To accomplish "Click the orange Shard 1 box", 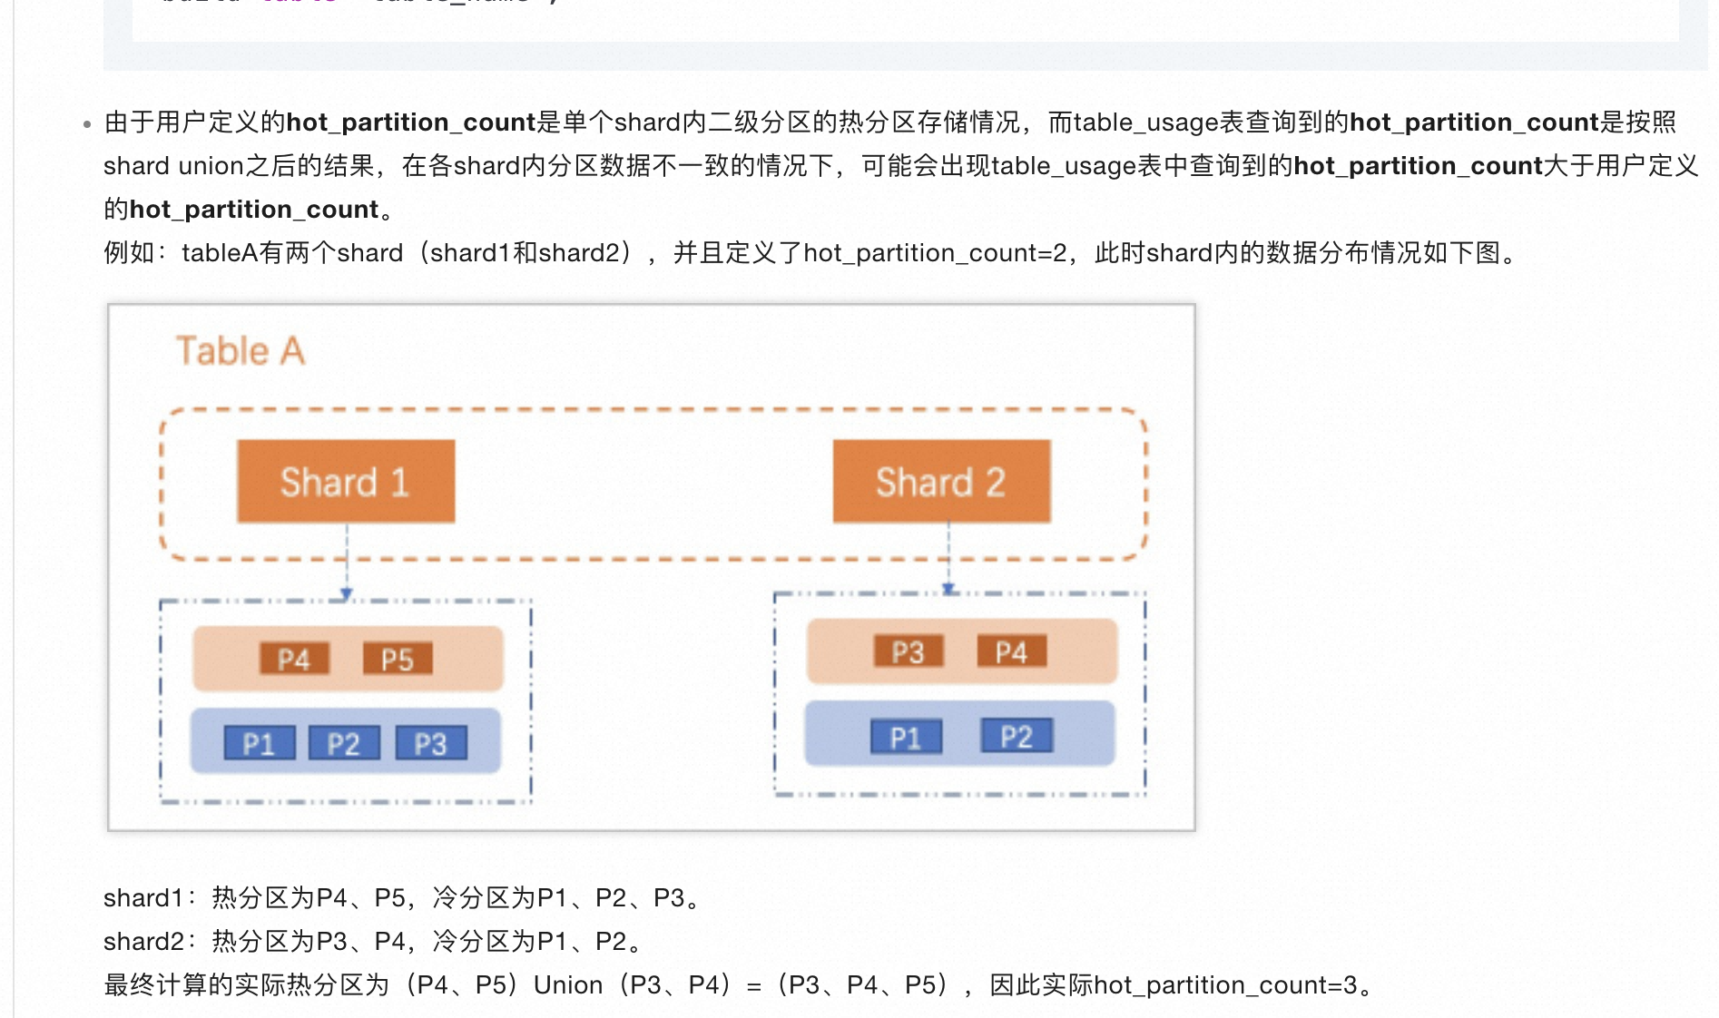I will pos(346,482).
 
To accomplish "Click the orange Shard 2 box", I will pos(941,482).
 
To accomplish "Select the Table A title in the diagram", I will pos(241,351).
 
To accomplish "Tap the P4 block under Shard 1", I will pos(294,659).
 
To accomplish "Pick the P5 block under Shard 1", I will pos(398,659).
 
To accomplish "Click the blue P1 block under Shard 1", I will pos(260,744).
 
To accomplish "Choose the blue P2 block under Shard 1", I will pos(344,744).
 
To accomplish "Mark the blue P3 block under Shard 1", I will pos(431,744).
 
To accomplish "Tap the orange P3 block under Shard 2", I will pos(908,651).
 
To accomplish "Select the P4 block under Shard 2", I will pos(1011,651).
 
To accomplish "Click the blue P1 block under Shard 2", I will pos(906,737).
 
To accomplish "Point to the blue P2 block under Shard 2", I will pos(1017,736).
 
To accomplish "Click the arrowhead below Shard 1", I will pos(347,594).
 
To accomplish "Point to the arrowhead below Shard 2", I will pos(948,589).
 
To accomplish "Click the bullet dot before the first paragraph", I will pos(87,124).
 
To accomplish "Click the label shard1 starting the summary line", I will pos(143,898).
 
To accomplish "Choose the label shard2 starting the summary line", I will pos(143,942).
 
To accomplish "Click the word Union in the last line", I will pos(568,984).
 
